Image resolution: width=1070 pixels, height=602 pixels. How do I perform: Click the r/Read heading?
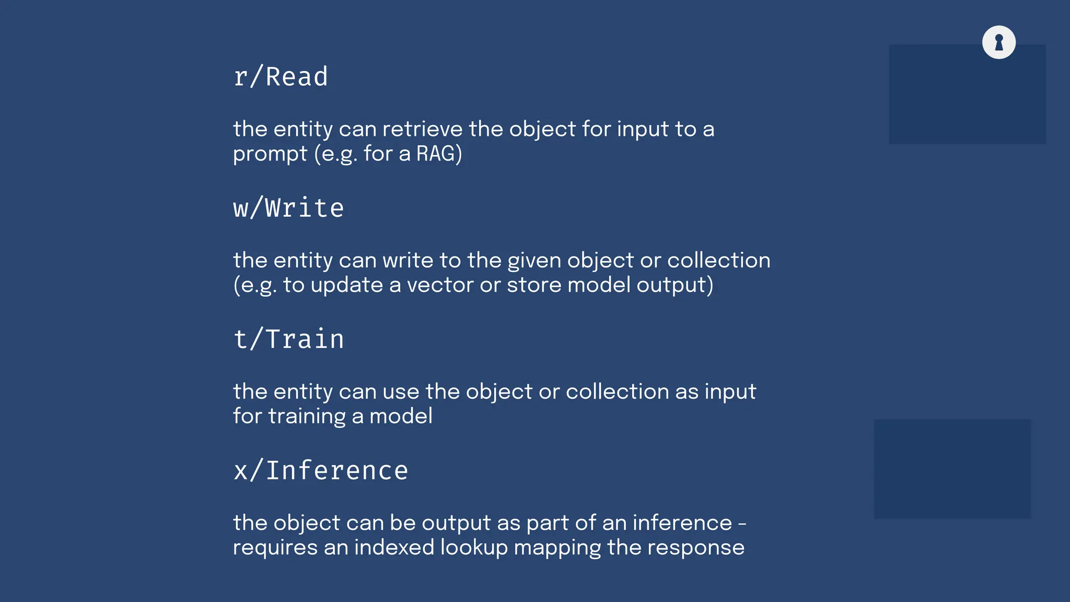(x=281, y=77)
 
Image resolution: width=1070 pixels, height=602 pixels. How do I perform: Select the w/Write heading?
(x=288, y=208)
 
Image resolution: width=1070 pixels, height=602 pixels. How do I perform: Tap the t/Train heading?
(x=288, y=339)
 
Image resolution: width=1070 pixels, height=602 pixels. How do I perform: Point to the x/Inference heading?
(x=320, y=470)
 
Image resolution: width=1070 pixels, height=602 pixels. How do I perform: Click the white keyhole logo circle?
(x=998, y=42)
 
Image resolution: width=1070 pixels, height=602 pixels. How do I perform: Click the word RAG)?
(x=439, y=154)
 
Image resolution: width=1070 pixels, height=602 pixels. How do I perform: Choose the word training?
(x=307, y=417)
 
